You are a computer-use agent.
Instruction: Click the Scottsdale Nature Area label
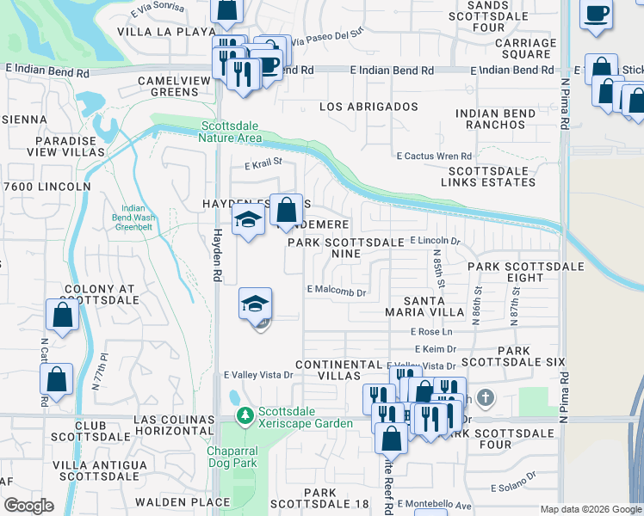pyautogui.click(x=230, y=131)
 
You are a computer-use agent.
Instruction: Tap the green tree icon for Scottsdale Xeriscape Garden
pyautogui.click(x=245, y=416)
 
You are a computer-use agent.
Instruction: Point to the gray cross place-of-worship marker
pyautogui.click(x=486, y=397)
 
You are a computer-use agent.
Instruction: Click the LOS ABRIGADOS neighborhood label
pyautogui.click(x=368, y=107)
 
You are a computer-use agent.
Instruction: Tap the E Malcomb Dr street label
pyautogui.click(x=337, y=292)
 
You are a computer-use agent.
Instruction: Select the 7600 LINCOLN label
pyautogui.click(x=47, y=187)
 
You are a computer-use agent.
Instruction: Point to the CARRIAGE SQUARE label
pyautogui.click(x=518, y=48)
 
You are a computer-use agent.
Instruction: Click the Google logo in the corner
pyautogui.click(x=28, y=506)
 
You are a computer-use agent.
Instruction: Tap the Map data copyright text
pyautogui.click(x=591, y=509)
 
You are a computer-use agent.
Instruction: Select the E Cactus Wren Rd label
pyautogui.click(x=434, y=156)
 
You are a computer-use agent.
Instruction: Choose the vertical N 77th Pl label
pyautogui.click(x=102, y=365)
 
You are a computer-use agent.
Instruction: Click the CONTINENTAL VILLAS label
pyautogui.click(x=337, y=370)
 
